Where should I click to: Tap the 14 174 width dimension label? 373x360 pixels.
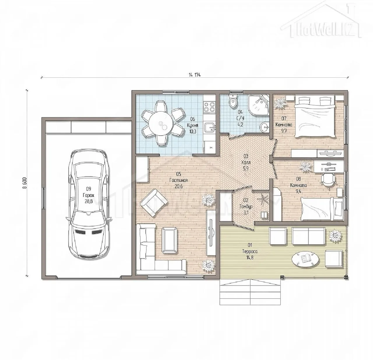click(195, 75)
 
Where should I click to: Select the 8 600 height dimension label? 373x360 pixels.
click(25, 183)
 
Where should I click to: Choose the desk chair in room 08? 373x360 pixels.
click(328, 179)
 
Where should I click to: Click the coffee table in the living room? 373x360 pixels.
click(169, 240)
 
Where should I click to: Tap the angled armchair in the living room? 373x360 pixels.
click(154, 203)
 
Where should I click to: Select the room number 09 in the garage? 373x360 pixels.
click(88, 189)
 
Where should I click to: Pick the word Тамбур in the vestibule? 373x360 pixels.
click(246, 206)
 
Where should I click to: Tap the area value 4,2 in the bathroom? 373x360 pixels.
click(240, 124)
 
